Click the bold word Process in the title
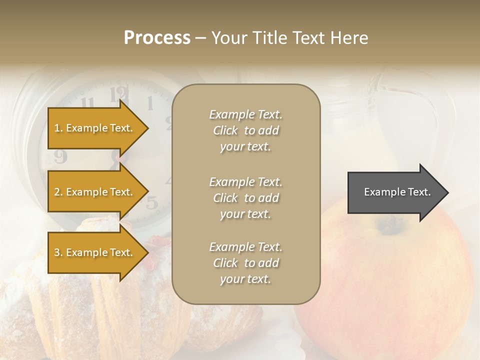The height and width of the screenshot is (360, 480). pos(157,38)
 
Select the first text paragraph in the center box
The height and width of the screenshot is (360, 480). pos(245,130)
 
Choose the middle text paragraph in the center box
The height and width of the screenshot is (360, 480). pos(245,198)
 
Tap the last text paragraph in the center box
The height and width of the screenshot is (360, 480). pos(245,263)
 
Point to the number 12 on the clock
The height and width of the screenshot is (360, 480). pos(119,93)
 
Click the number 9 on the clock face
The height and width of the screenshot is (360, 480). pos(60,156)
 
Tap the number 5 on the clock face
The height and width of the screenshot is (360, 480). pos(152,202)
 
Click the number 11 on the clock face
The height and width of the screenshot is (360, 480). pos(88,103)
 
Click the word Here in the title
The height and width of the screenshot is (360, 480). pos(350,38)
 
